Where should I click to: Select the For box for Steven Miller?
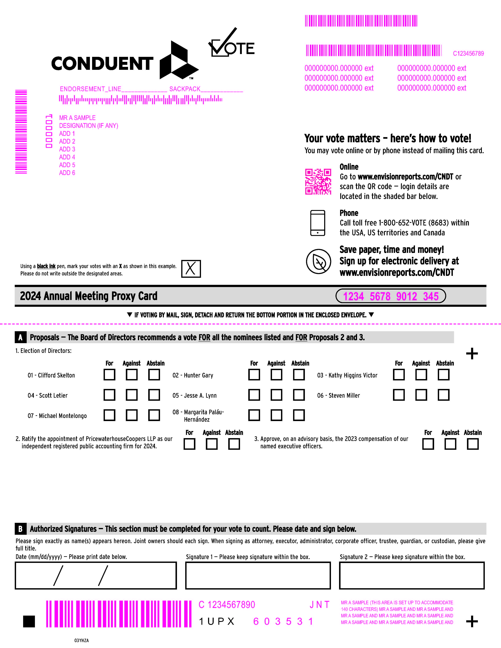point(399,395)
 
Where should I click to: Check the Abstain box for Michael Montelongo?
point(154,415)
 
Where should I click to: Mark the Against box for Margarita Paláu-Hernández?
point(276,415)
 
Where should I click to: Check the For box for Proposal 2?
point(189,444)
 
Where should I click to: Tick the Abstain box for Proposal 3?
point(473,444)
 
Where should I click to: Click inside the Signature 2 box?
point(412,575)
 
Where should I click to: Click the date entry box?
point(96,575)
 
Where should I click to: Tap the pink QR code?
point(318,182)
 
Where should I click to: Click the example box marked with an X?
point(191,269)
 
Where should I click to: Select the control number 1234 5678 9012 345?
point(391,296)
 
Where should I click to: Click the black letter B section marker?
point(20,529)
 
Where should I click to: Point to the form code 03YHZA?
point(81,640)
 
